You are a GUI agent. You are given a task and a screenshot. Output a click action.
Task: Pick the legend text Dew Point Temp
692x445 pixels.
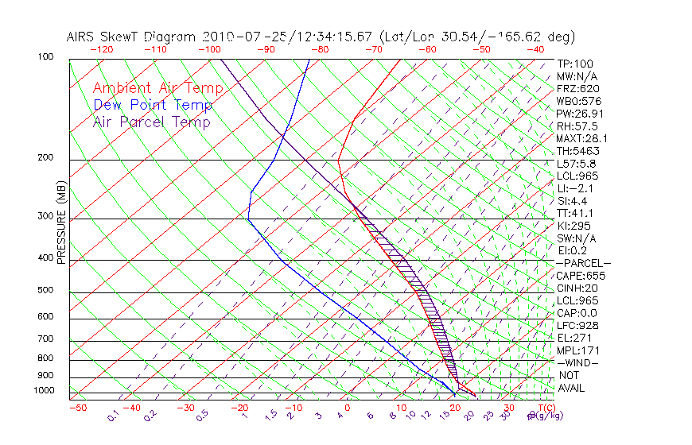tap(153, 105)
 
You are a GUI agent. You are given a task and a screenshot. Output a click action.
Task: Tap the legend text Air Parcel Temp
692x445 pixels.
tap(151, 122)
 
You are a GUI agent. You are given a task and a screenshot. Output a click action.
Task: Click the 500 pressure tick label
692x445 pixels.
tap(45, 291)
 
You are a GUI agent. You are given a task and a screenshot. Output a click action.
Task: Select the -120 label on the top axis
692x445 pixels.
tap(101, 49)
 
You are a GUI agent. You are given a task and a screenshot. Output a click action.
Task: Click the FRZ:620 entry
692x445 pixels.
tap(577, 88)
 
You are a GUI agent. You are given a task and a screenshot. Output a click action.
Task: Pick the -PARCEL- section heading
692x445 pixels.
tap(583, 263)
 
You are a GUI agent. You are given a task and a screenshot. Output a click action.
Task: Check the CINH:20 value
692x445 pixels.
tap(576, 288)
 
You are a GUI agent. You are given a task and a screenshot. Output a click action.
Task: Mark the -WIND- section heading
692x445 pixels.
tap(578, 362)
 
